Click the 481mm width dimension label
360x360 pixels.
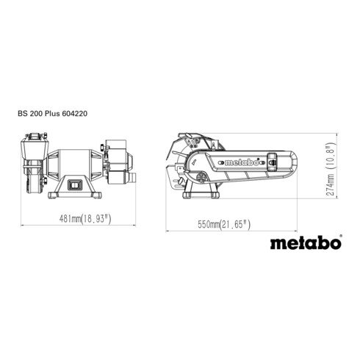tap(85, 218)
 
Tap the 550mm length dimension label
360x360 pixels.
tap(224, 224)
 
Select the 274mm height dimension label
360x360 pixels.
tap(331, 169)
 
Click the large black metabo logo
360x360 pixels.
tap(306, 243)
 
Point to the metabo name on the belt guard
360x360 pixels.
tap(242, 162)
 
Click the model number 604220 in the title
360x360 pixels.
tap(75, 114)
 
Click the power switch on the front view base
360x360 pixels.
tap(75, 184)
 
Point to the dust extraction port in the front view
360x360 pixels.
tap(132, 177)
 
